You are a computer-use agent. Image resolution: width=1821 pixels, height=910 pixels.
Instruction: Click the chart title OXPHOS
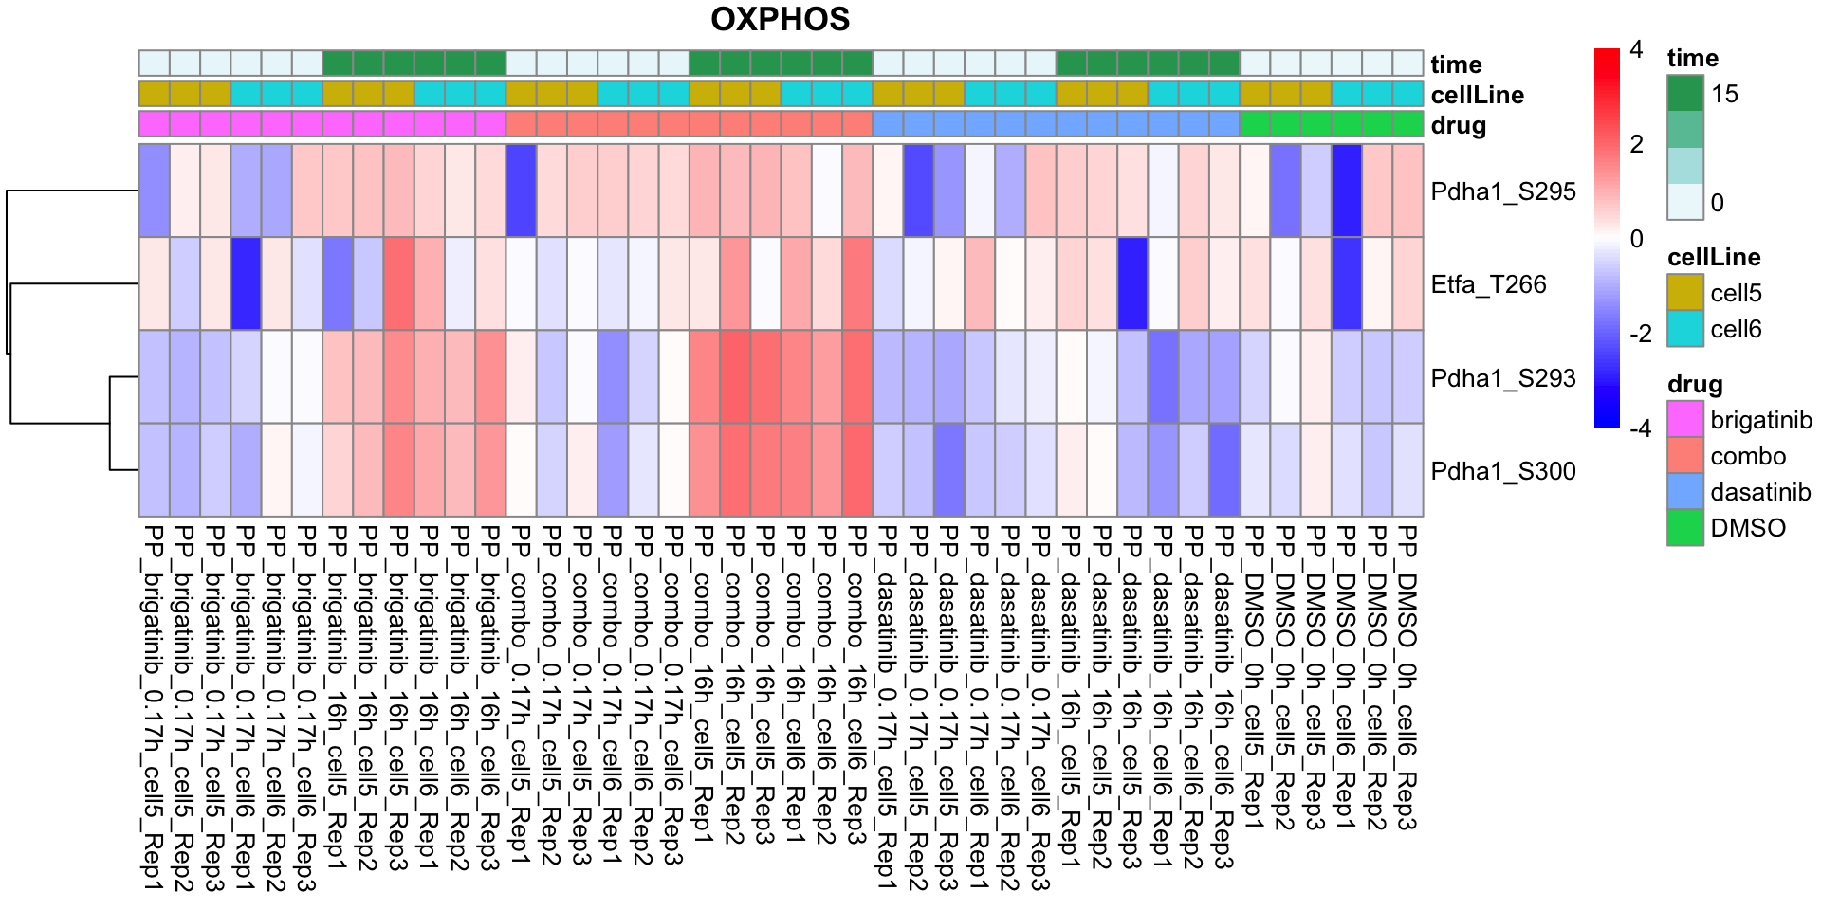pyautogui.click(x=780, y=19)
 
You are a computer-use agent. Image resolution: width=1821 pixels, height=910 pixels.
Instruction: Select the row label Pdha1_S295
pyautogui.click(x=1503, y=191)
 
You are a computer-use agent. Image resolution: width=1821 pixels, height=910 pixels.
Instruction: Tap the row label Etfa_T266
pyautogui.click(x=1488, y=284)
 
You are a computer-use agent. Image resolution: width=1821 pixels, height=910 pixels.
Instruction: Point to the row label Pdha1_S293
pyautogui.click(x=1503, y=378)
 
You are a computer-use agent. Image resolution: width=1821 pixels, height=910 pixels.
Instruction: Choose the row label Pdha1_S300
pyautogui.click(x=1503, y=471)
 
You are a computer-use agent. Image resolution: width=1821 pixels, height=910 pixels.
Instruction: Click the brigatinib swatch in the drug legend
pyautogui.click(x=1685, y=420)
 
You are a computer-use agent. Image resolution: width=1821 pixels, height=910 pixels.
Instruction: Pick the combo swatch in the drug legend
pyautogui.click(x=1685, y=456)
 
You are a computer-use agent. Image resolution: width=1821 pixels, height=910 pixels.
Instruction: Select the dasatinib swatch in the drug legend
pyautogui.click(x=1685, y=492)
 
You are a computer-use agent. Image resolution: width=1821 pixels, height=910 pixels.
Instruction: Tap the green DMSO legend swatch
pyautogui.click(x=1685, y=528)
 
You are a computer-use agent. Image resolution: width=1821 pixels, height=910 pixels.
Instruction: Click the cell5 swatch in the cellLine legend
pyautogui.click(x=1685, y=293)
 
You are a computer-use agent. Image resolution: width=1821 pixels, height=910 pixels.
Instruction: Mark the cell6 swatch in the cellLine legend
pyautogui.click(x=1685, y=329)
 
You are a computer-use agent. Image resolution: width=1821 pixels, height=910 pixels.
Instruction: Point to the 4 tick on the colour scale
pyautogui.click(x=1636, y=50)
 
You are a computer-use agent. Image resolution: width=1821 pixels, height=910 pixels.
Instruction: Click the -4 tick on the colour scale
pyautogui.click(x=1640, y=428)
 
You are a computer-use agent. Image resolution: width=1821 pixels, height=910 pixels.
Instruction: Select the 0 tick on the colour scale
pyautogui.click(x=1636, y=239)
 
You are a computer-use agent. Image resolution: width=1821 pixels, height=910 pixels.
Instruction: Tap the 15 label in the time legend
pyautogui.click(x=1724, y=94)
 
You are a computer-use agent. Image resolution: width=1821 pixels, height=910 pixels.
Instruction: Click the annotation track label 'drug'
pyautogui.click(x=1458, y=125)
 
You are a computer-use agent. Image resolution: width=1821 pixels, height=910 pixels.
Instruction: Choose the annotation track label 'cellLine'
pyautogui.click(x=1477, y=95)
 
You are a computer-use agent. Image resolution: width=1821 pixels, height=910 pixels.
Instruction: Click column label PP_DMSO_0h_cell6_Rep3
pyautogui.click(x=1407, y=679)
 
